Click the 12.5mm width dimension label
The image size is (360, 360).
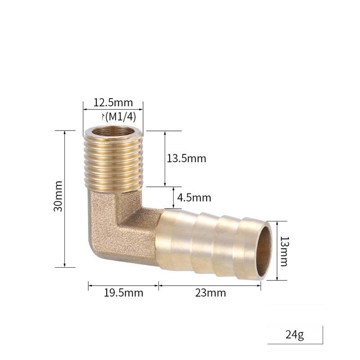[113, 102]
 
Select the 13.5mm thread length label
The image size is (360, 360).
[186, 158]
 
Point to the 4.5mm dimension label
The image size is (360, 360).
[194, 198]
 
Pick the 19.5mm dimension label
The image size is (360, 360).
[123, 293]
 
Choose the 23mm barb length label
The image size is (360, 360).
[211, 293]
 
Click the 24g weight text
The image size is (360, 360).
[295, 335]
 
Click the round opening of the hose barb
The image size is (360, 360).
[265, 250]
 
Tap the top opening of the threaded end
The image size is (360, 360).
[113, 131]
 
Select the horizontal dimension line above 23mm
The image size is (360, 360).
[210, 285]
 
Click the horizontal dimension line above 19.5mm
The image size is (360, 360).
[123, 285]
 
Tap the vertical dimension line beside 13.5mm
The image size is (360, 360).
[165, 158]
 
